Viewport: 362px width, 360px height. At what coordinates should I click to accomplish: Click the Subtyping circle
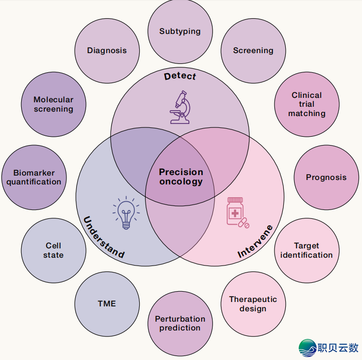(180, 31)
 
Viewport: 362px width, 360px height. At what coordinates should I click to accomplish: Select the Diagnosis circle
(107, 51)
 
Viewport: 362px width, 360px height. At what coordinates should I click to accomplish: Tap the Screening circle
(253, 51)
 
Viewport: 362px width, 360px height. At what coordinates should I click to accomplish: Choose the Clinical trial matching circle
(307, 104)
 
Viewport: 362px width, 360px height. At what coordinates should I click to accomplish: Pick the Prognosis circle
(327, 178)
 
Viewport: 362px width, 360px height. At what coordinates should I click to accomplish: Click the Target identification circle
(307, 250)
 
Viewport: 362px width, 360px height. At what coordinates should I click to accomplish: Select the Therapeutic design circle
(253, 304)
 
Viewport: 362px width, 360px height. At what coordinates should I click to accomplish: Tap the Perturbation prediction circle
(180, 324)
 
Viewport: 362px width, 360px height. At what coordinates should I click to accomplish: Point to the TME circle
(107, 304)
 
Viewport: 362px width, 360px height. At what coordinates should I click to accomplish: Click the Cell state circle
(54, 250)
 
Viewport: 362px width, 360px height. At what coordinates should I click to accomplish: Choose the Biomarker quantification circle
(34, 178)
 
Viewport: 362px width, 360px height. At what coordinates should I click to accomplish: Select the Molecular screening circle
(54, 104)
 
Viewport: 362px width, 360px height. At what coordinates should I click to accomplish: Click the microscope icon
(180, 107)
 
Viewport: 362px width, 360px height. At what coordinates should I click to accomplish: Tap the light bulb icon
(126, 212)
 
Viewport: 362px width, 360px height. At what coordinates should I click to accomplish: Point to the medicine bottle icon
(238, 212)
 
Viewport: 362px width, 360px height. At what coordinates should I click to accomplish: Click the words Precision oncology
(181, 177)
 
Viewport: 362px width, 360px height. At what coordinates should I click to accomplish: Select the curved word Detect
(180, 76)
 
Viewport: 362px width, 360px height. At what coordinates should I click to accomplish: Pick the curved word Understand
(104, 238)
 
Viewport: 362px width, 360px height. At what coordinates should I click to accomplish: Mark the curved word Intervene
(255, 241)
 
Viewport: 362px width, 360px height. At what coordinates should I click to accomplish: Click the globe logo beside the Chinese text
(308, 348)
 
